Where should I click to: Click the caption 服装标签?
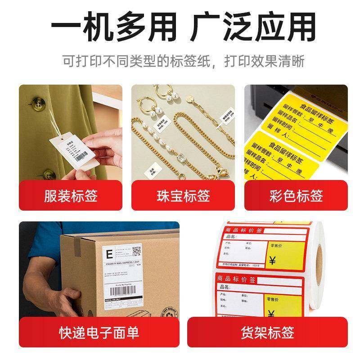(71, 196)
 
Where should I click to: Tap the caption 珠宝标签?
(183, 196)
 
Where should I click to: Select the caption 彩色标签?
(296, 196)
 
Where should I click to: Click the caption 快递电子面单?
(99, 333)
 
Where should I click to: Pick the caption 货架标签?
(267, 333)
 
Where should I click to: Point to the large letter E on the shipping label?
(109, 250)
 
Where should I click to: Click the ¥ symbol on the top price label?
(272, 260)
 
